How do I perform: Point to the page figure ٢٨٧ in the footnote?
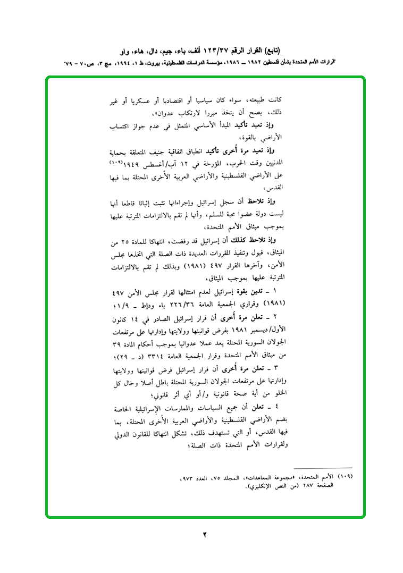[303, 485]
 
